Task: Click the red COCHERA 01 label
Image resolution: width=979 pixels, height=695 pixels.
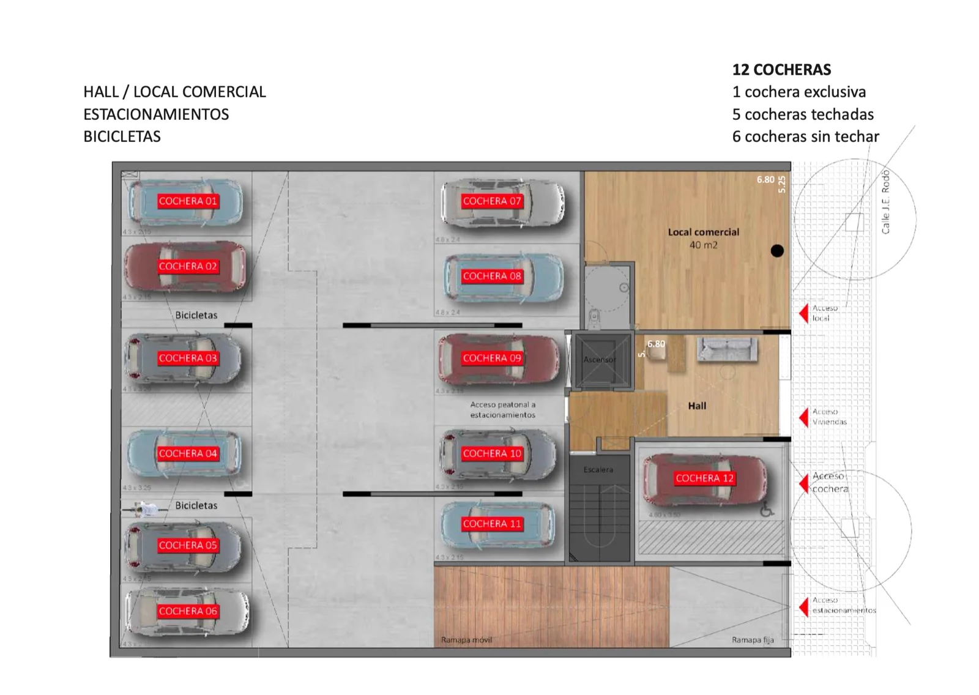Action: (x=187, y=201)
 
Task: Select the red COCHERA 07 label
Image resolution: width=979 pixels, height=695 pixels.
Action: (x=492, y=201)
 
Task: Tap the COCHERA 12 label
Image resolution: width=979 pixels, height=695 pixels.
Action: (x=704, y=478)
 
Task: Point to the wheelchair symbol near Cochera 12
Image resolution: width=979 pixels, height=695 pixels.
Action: (x=767, y=510)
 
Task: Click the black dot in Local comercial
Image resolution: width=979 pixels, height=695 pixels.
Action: (x=777, y=251)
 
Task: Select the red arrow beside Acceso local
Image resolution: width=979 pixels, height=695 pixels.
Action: (x=804, y=313)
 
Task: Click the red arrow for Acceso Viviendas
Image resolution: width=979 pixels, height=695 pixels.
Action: (x=804, y=417)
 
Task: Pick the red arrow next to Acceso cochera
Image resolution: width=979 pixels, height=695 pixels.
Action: (x=804, y=483)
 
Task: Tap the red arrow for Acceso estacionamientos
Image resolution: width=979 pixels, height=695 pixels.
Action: (x=804, y=606)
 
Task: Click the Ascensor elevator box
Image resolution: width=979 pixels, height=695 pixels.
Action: (x=600, y=360)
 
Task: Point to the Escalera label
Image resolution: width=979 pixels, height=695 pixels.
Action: (x=598, y=470)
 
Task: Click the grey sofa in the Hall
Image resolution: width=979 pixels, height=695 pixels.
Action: (x=727, y=349)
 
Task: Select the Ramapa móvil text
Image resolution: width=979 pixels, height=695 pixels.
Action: (x=466, y=640)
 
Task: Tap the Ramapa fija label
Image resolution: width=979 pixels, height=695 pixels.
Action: (x=753, y=640)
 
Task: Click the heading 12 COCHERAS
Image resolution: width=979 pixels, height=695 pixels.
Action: (x=781, y=70)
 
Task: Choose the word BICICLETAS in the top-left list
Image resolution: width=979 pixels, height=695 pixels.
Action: (x=122, y=136)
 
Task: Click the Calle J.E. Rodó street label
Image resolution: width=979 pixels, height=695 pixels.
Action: (x=885, y=203)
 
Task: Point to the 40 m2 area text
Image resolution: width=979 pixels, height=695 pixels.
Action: (x=703, y=245)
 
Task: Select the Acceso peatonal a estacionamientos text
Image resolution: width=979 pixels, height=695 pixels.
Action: (x=502, y=410)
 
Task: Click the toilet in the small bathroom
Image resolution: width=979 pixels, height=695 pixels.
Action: (x=594, y=317)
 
